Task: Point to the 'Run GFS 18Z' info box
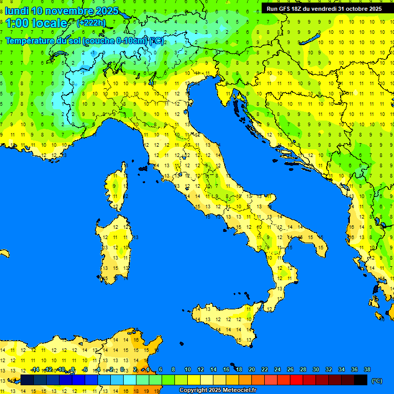point(324,8)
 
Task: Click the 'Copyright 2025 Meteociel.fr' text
point(218,390)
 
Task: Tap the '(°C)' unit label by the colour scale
point(377,380)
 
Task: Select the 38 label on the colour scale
point(367,369)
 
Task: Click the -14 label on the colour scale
point(35,369)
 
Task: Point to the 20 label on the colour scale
point(252,369)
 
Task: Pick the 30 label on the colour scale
point(316,369)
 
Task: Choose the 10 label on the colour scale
point(188,369)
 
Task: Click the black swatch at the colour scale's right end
point(361,380)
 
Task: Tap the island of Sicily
point(226,323)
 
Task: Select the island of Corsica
point(118,187)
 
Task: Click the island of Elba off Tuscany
point(143,168)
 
